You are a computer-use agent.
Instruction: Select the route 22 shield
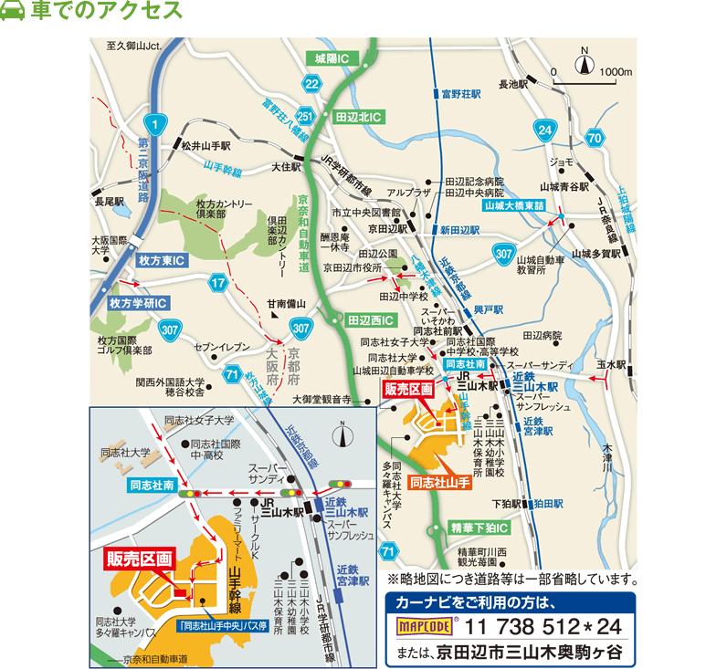tap(312, 85)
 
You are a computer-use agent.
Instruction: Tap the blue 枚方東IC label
tap(162, 260)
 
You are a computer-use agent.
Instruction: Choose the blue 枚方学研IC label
tap(137, 302)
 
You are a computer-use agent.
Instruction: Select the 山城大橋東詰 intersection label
tap(513, 207)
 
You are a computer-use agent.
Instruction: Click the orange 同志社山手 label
tap(439, 481)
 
